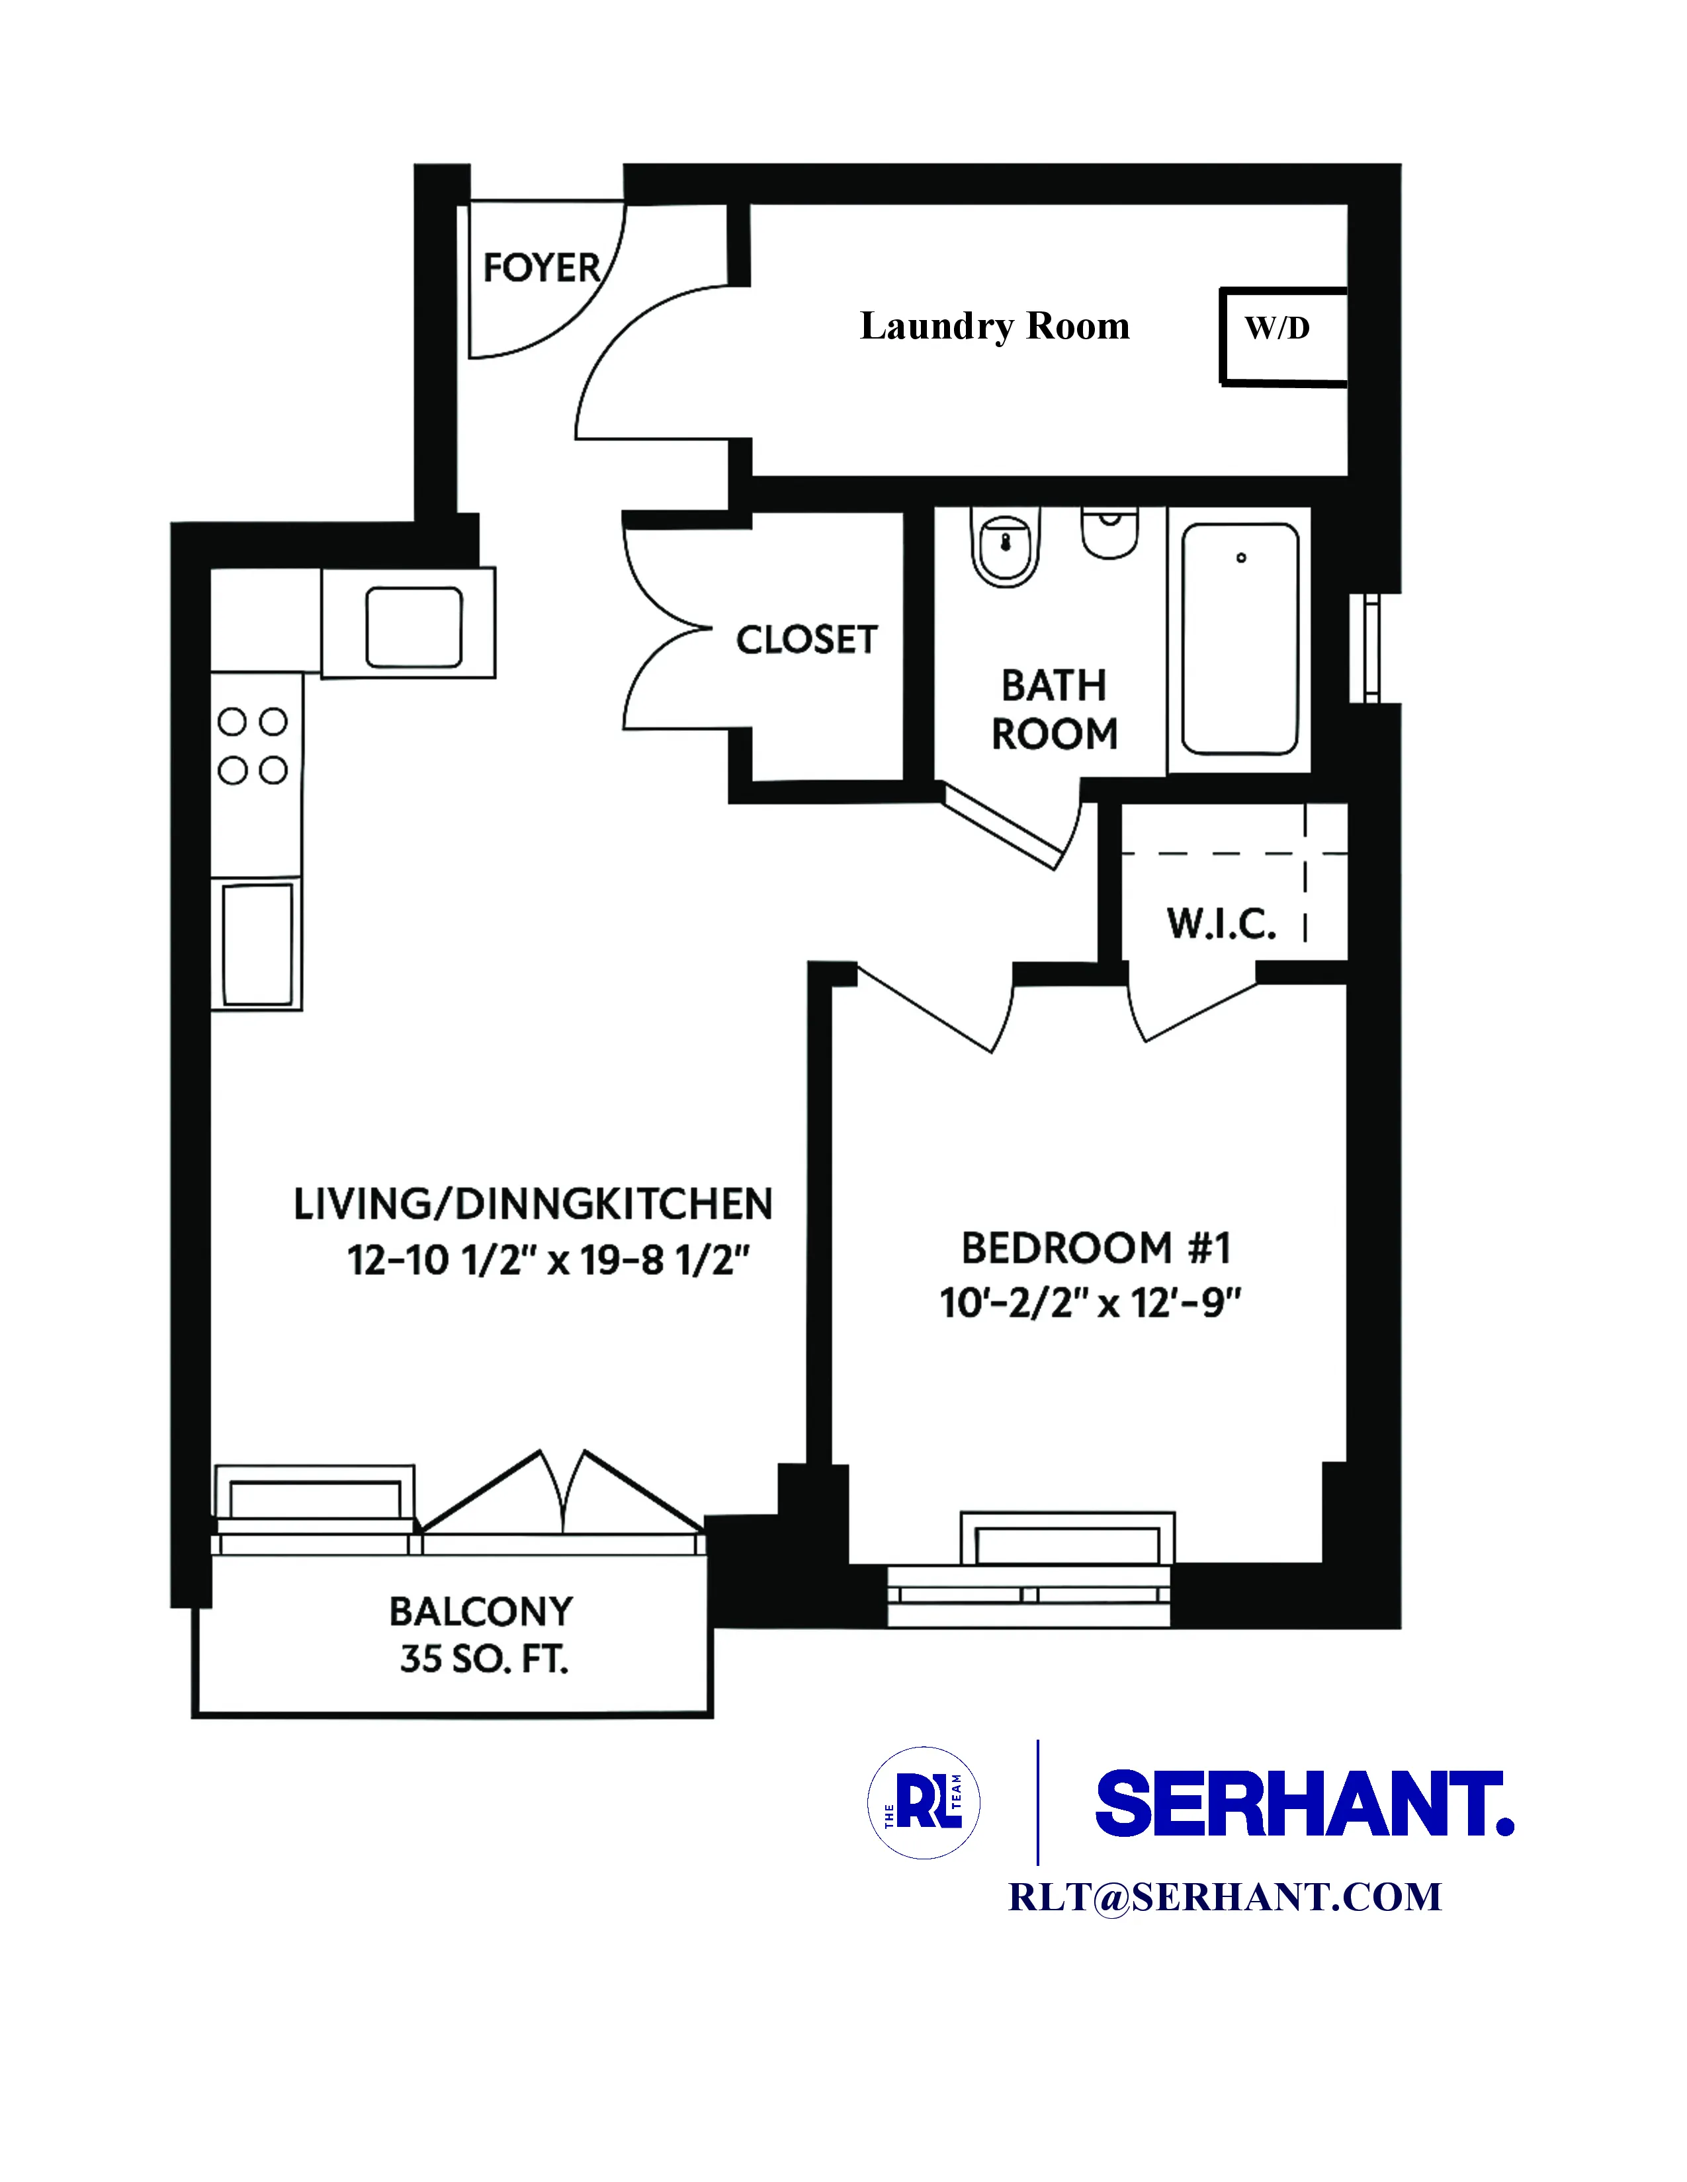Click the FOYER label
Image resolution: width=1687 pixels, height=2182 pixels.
click(541, 268)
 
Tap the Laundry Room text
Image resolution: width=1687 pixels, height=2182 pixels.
click(994, 327)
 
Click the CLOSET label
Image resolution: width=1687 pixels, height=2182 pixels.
click(806, 639)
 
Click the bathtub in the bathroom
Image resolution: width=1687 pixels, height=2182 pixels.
click(1239, 639)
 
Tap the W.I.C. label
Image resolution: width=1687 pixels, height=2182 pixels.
click(1221, 924)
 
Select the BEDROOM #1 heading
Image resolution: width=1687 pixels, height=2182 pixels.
click(1096, 1248)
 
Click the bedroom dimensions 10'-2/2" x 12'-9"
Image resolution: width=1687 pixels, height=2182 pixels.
click(1090, 1303)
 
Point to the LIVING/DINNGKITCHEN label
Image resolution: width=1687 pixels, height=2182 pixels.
click(533, 1204)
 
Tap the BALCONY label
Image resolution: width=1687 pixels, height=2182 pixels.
click(481, 1611)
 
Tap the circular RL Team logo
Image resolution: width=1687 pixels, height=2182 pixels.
click(924, 1802)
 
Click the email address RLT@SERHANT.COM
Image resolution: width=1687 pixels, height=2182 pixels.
click(1225, 1897)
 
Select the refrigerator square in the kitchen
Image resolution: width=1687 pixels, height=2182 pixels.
click(413, 626)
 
